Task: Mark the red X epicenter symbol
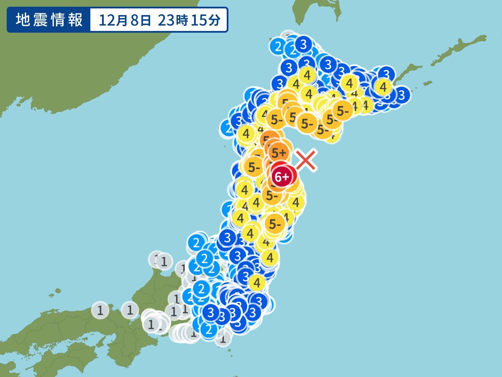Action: tap(306, 160)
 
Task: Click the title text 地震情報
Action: tap(49, 20)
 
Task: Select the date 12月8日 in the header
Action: tap(125, 20)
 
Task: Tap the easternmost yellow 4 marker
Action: tap(383, 87)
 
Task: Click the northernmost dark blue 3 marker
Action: tap(304, 44)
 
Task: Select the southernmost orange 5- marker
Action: tap(275, 225)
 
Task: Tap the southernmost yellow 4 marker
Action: tap(257, 283)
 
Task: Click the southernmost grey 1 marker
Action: tap(223, 338)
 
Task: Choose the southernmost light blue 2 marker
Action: tap(208, 329)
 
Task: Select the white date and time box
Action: tap(159, 20)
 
